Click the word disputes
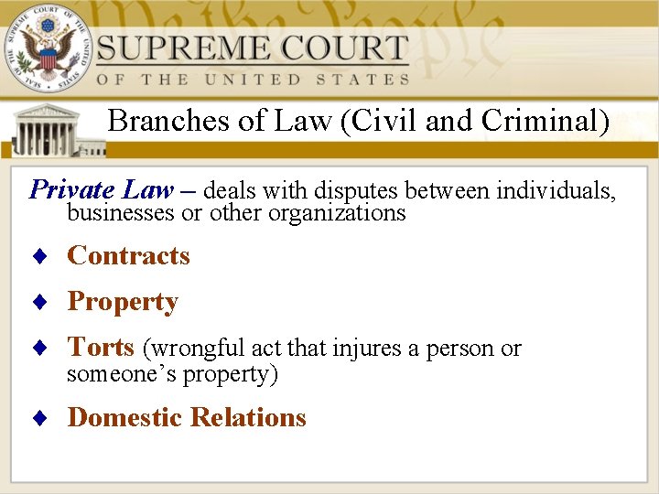357,191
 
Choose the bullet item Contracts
129,256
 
